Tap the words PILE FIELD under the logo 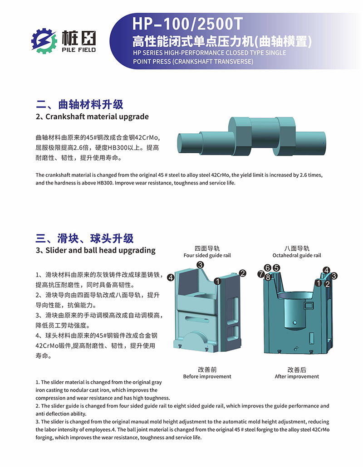(78, 50)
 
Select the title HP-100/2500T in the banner (187, 24)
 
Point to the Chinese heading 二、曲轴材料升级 (79, 105)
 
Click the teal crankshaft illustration (251, 136)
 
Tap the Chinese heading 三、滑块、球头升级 (85, 238)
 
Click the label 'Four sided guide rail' (207, 255)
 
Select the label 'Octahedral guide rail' (297, 255)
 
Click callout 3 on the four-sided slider (200, 265)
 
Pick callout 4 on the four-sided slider (171, 277)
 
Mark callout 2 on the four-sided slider (243, 273)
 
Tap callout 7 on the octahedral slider (261, 274)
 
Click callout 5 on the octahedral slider (277, 268)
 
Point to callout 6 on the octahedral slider (268, 268)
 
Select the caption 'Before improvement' (207, 376)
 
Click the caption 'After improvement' (297, 376)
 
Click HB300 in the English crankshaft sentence (105, 183)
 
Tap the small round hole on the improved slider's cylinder (295, 322)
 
